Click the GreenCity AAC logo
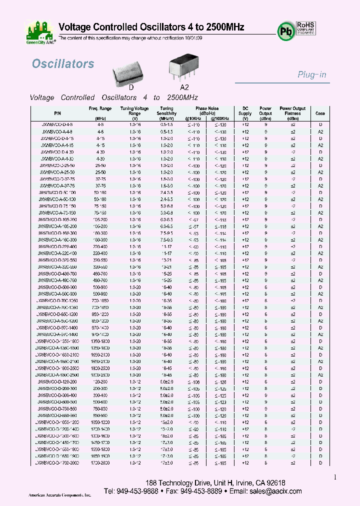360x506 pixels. click(40, 31)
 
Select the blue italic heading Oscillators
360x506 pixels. click(63, 64)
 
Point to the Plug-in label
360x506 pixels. click(312, 74)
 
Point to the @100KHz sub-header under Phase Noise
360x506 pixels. click(220, 118)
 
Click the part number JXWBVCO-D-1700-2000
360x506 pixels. click(56, 463)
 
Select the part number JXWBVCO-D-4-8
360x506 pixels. click(56, 124)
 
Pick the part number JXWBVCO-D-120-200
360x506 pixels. click(56, 381)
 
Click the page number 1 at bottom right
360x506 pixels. click(335, 477)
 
